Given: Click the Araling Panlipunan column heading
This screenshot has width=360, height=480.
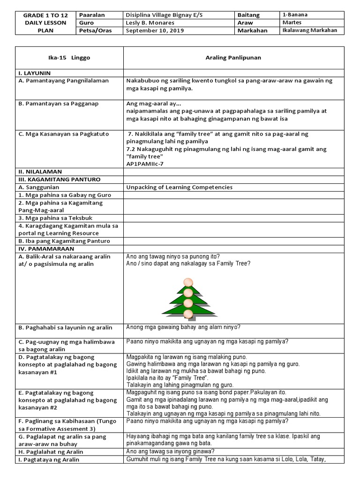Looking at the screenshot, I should click(233, 58).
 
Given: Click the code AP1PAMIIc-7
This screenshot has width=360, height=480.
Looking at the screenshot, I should click(146, 164).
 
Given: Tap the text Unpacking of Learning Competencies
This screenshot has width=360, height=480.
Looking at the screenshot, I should click(179, 187).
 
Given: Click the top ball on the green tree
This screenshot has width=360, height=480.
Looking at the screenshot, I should click(187, 281).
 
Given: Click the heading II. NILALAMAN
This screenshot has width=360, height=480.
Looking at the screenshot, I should click(40, 172).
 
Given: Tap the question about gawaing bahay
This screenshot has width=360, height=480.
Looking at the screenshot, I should click(184, 328).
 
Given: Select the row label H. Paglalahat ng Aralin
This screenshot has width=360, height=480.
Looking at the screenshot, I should click(52, 451).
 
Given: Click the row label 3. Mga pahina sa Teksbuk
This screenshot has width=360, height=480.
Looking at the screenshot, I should click(54, 217).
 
